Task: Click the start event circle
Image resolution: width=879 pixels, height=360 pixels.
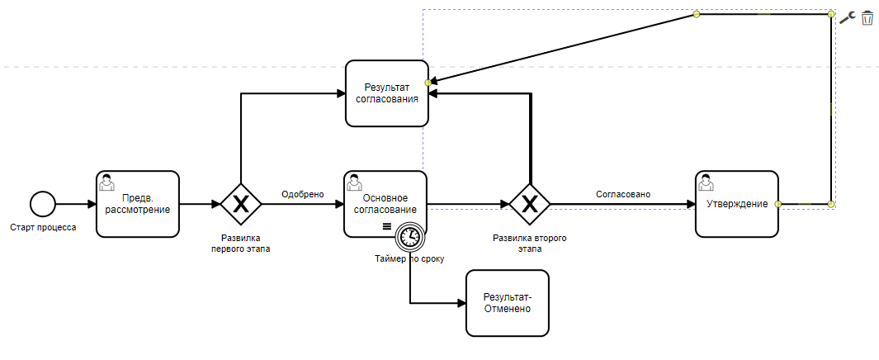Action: coord(42,203)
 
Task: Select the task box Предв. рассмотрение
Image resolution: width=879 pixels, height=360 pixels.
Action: coord(138,204)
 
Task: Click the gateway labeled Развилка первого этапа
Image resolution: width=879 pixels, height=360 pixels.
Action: coord(241,204)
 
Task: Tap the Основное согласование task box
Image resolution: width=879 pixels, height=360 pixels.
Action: coord(385,198)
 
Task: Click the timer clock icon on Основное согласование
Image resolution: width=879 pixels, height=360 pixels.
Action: coord(409,238)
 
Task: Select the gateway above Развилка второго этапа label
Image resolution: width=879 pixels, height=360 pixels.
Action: coord(529,204)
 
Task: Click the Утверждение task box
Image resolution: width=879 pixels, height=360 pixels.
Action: coord(737,204)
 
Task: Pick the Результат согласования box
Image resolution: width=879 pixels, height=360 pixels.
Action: coord(386,92)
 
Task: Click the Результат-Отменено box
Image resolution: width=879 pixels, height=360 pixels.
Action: coord(507,303)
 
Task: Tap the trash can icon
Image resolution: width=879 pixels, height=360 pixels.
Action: coord(867,17)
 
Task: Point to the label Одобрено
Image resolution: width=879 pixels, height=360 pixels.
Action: coord(302,195)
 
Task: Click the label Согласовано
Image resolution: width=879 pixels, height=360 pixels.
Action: coord(623,195)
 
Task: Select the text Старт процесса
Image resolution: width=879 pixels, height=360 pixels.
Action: coord(43,227)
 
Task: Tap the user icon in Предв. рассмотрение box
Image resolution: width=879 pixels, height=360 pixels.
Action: coord(106,181)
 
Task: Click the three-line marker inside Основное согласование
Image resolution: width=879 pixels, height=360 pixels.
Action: coord(385,227)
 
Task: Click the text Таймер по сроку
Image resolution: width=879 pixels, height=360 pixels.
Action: coord(409,258)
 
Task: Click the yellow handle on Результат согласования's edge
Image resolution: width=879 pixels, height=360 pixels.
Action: coord(428,83)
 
